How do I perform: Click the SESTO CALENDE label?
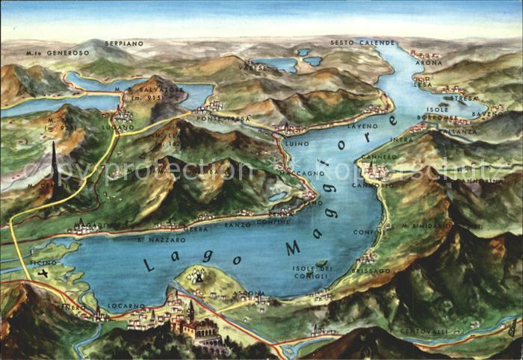point(362,43)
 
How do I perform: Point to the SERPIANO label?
point(123,43)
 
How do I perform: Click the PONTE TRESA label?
point(213,118)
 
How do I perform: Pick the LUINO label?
point(297,142)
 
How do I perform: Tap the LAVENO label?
point(363,126)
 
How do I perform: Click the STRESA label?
point(465,98)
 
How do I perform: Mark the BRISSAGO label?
point(371,270)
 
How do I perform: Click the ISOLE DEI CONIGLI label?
point(311,272)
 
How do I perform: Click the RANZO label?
point(238,224)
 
